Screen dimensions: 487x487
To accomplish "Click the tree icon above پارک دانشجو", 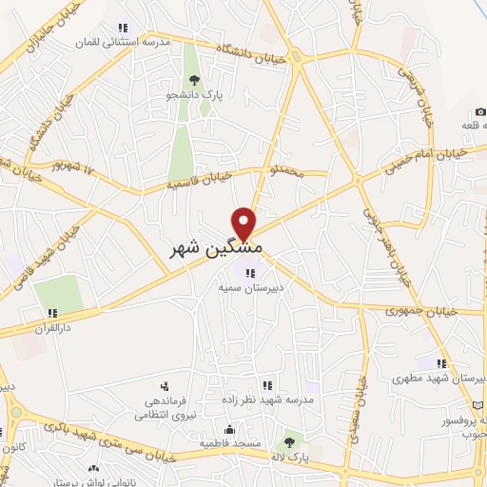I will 194,80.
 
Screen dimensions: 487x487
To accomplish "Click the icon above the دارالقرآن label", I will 53,312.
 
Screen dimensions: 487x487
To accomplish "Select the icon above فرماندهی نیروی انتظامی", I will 166,386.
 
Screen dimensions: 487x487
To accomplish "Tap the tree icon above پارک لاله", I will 289,442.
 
